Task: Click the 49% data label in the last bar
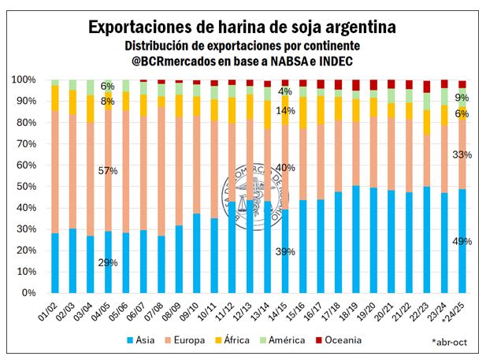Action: pos(462,241)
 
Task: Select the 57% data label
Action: pos(108,171)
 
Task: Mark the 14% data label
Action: pos(285,111)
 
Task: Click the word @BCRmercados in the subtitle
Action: pos(169,60)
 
